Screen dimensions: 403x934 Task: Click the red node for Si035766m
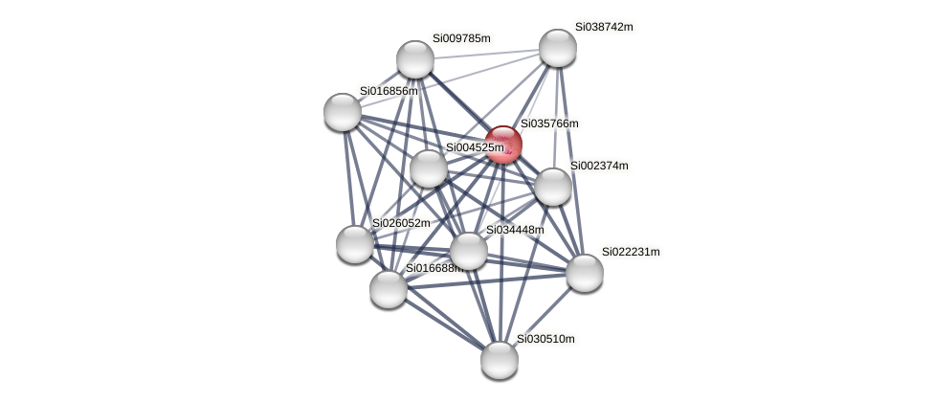click(503, 145)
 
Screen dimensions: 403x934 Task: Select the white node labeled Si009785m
click(415, 59)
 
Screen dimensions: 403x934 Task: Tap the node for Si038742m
click(557, 48)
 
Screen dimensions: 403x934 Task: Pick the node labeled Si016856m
click(343, 112)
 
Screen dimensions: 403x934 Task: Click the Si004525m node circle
click(429, 168)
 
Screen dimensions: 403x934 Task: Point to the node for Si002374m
click(552, 186)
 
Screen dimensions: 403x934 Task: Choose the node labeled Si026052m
click(355, 243)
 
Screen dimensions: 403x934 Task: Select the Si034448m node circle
click(468, 251)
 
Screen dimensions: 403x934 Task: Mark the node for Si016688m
click(389, 288)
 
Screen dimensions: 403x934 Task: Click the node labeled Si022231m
click(584, 272)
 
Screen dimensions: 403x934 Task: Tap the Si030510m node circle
click(499, 359)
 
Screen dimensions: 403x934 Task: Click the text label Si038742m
click(604, 27)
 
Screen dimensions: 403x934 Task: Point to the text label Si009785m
click(461, 38)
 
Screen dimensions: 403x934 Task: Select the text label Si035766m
click(549, 123)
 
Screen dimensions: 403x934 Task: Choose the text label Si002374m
click(599, 166)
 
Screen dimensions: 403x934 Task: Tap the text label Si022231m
click(631, 252)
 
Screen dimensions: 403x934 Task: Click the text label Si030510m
click(545, 339)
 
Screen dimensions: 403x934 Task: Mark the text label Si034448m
click(515, 230)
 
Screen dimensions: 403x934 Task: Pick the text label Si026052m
click(401, 223)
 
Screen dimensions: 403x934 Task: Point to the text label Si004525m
click(475, 147)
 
